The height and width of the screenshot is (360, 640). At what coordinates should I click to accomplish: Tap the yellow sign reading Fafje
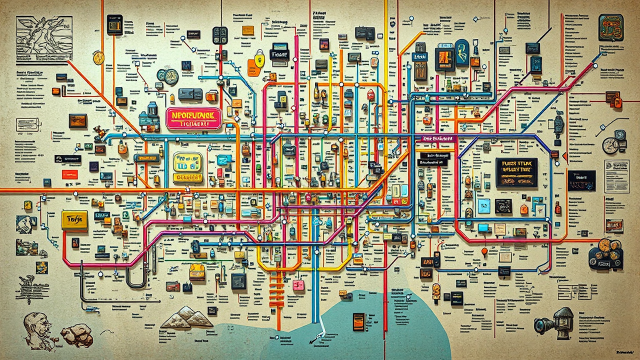74,220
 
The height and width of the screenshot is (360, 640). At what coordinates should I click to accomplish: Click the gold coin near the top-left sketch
98,58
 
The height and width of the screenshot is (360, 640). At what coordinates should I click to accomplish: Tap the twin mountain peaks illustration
186,318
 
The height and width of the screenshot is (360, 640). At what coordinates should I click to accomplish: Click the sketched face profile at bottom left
37,330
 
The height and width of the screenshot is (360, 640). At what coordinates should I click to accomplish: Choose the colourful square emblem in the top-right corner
610,27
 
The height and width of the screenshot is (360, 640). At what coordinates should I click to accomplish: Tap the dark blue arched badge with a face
461,52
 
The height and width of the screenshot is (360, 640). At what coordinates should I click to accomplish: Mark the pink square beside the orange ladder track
298,285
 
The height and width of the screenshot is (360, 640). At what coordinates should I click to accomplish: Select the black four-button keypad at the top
220,35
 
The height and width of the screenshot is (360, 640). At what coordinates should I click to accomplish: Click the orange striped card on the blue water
358,321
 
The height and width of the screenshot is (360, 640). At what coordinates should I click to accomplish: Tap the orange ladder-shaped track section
276,290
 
